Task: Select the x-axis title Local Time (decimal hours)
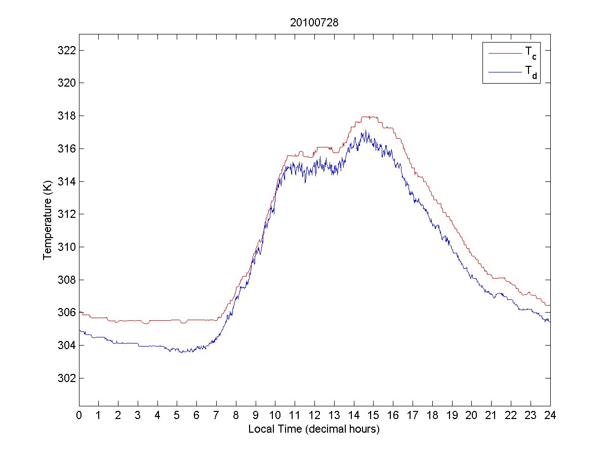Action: point(314,429)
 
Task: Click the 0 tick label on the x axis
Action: point(79,415)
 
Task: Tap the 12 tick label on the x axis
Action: point(314,415)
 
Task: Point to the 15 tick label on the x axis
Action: point(373,415)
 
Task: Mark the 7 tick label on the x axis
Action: point(216,415)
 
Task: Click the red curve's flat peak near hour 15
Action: point(370,117)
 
